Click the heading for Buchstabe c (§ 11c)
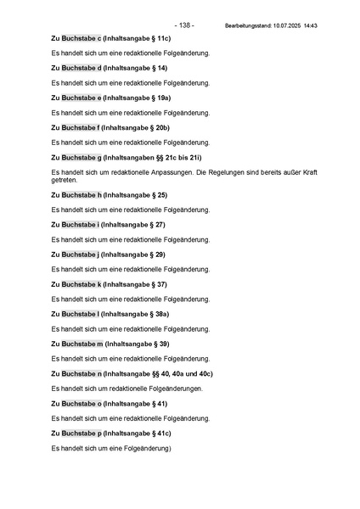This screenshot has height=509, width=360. click(111, 38)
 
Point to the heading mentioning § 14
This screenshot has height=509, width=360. click(110, 68)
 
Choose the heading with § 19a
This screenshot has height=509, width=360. click(111, 98)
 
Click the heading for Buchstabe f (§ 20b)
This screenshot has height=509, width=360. click(110, 127)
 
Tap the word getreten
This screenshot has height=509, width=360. click(65, 180)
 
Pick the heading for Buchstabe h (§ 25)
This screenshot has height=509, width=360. click(110, 195)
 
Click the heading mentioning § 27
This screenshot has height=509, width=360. click(108, 225)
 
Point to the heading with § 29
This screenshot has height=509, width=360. click(108, 255)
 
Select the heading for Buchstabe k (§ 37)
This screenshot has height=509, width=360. click(110, 284)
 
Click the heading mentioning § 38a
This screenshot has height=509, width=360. click(110, 314)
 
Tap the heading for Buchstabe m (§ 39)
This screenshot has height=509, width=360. click(110, 344)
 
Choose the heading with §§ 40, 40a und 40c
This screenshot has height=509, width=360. click(132, 373)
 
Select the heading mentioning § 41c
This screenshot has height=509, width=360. click(111, 433)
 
